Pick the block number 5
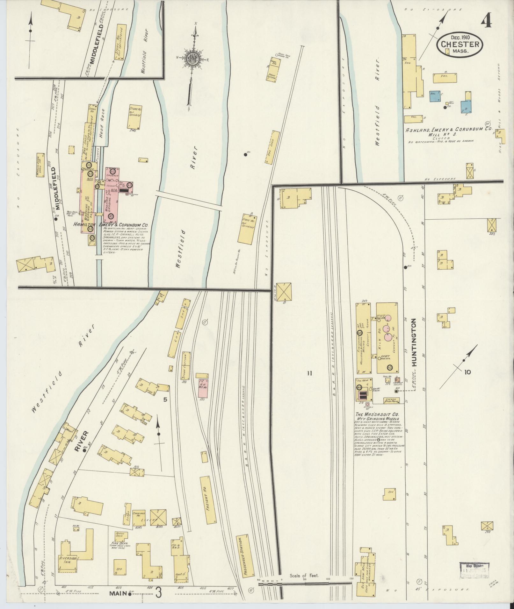pyautogui.click(x=165, y=400)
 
